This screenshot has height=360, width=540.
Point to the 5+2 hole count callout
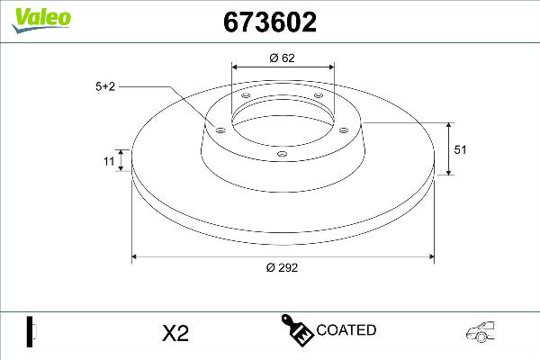click(106, 86)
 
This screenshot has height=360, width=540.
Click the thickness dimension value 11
click(109, 162)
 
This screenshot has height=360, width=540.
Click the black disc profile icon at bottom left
click(30, 331)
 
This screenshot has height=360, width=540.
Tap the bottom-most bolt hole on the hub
click(282, 154)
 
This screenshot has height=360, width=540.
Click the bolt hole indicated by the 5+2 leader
click(218, 130)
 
